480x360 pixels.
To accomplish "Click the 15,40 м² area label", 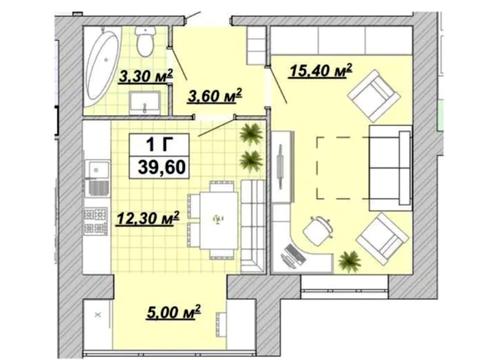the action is pos(321,71).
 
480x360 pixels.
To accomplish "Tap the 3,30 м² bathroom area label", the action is pos(146,76).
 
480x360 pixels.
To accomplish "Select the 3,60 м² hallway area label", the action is pos(215,96).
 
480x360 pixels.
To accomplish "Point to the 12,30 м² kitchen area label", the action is pos(148,219).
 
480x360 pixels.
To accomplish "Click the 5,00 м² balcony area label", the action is pos(174,313).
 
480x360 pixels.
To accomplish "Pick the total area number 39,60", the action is pos(162,167).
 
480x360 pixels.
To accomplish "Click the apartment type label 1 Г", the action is pos(160,145).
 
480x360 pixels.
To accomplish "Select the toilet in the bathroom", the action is pos(145,41).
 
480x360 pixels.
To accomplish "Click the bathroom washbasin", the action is pos(144,102).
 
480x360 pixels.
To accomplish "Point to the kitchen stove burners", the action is pos(95,221).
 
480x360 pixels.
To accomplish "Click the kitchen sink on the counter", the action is pos(97,179).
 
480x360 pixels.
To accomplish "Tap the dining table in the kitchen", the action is pos(218,220).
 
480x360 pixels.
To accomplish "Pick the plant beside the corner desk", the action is pos(349,261).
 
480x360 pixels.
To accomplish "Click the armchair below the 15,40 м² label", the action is pos(373,95).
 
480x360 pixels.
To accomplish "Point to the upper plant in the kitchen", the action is pos(251,134).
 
